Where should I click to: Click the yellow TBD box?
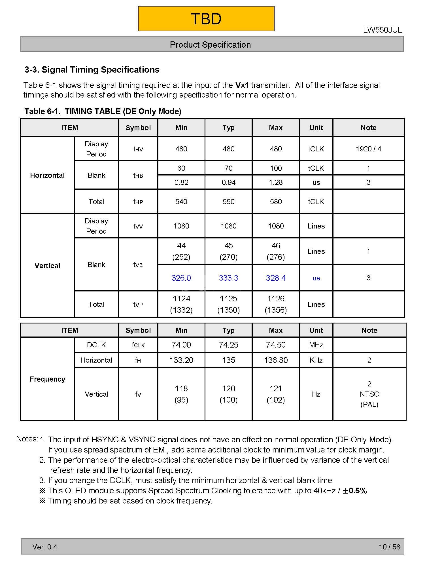click(x=206, y=19)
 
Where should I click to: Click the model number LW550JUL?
click(x=382, y=30)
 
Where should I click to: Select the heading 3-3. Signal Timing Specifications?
click(x=92, y=70)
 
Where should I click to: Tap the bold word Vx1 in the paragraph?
click(x=242, y=85)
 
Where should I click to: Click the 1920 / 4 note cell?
click(x=368, y=149)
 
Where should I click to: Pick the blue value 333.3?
click(x=228, y=278)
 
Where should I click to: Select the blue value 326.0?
click(x=181, y=278)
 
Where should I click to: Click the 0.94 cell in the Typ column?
click(x=228, y=182)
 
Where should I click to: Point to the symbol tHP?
click(x=138, y=202)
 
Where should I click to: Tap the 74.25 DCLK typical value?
click(x=228, y=345)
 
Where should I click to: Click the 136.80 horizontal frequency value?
click(x=276, y=360)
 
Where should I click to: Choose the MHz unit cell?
click(x=316, y=345)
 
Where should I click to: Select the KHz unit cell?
click(x=316, y=360)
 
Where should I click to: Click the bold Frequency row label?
click(x=47, y=379)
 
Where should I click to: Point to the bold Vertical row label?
click(x=47, y=266)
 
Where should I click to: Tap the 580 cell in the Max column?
click(x=276, y=202)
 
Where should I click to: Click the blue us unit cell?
click(x=316, y=278)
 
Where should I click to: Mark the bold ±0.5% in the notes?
click(x=355, y=491)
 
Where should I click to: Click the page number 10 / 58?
click(x=389, y=547)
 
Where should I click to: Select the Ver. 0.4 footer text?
click(x=45, y=547)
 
